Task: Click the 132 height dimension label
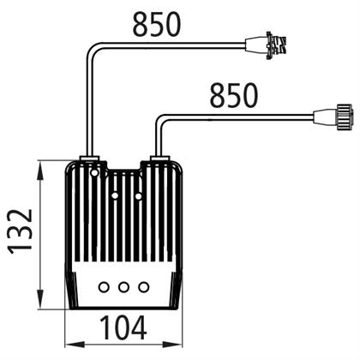coord(20,231)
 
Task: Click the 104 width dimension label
coord(123,327)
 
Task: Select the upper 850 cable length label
coord(157,24)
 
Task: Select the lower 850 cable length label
coord(234,95)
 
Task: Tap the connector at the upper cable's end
coord(267,45)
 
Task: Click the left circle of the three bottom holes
coord(104,287)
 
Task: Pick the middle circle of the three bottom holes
coord(123,287)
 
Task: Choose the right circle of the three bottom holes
coord(143,287)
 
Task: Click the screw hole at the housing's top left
coord(94,172)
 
